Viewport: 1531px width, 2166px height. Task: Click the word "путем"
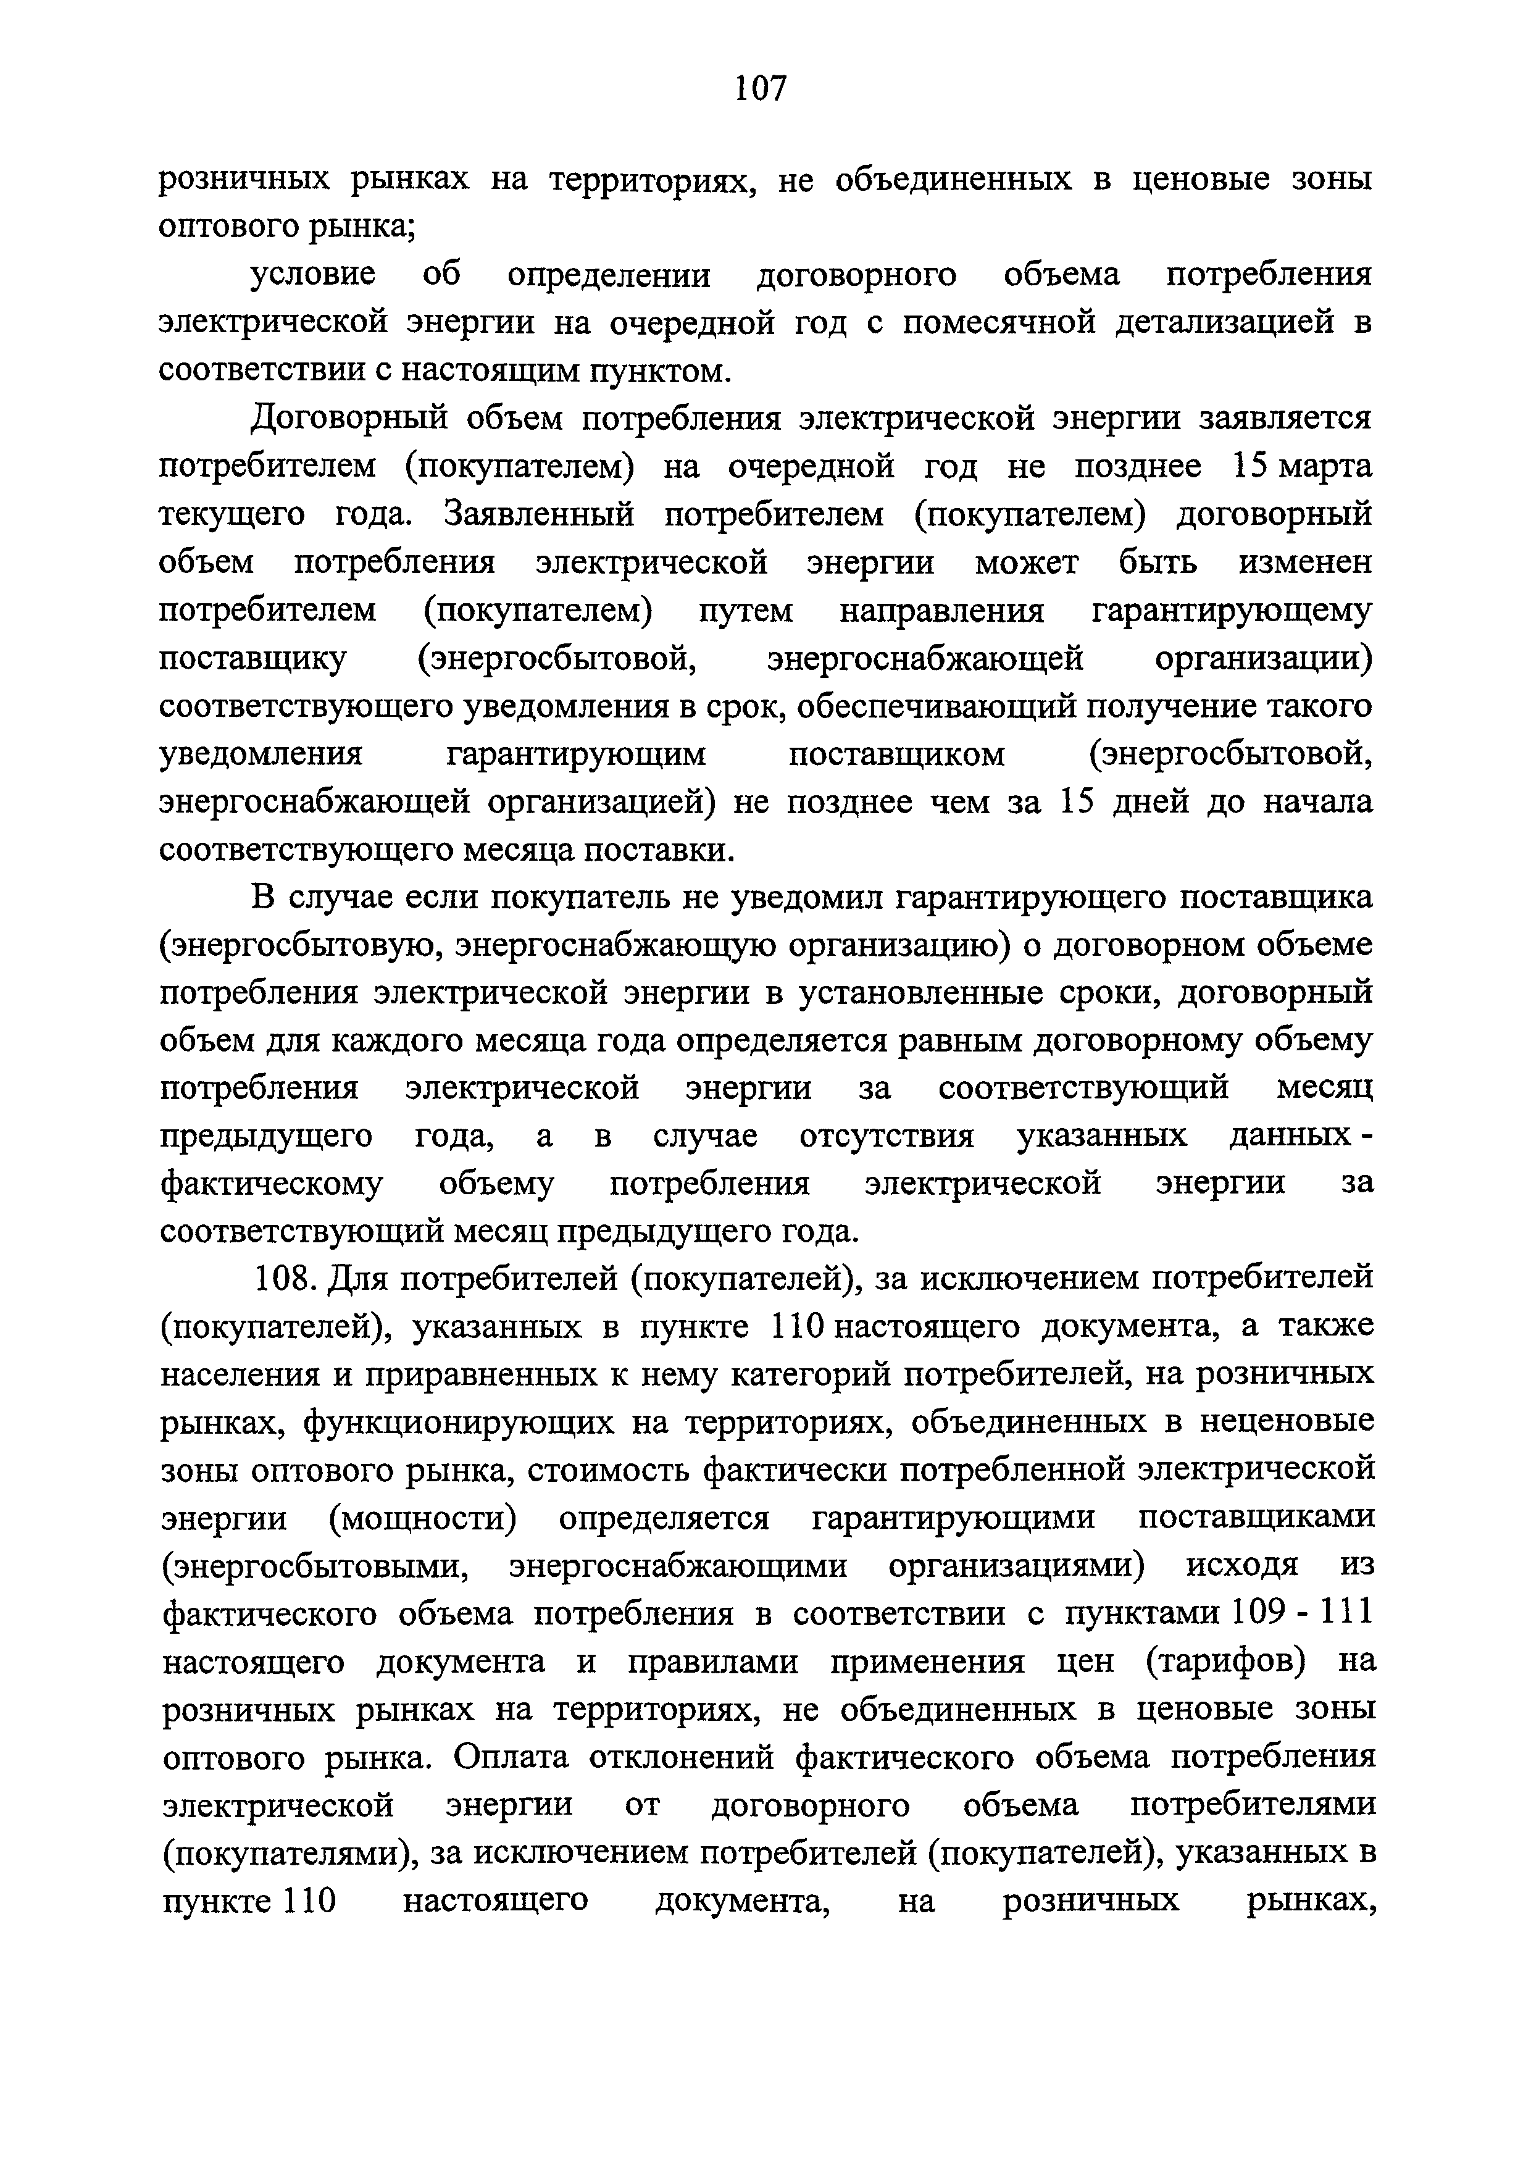point(746,611)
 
